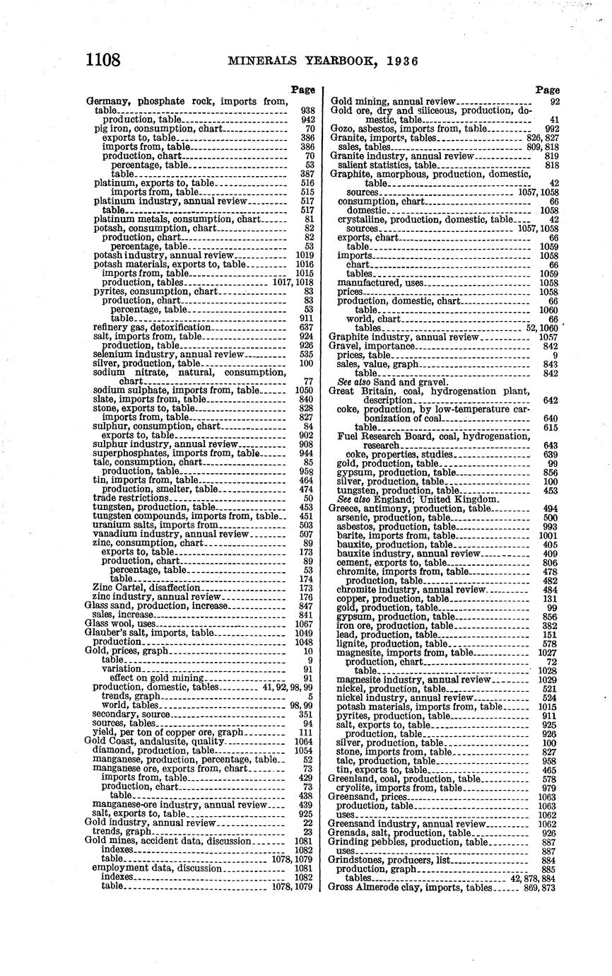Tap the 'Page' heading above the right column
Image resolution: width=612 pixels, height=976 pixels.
click(547, 90)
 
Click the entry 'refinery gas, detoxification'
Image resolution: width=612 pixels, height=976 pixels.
click(152, 327)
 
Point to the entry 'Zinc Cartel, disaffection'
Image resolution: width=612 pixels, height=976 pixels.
click(146, 588)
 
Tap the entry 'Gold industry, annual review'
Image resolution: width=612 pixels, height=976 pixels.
click(150, 823)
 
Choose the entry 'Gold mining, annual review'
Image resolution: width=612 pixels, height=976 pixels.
click(394, 102)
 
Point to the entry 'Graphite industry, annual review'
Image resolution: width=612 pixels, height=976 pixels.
click(404, 337)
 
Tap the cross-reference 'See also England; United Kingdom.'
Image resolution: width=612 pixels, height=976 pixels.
click(408, 499)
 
